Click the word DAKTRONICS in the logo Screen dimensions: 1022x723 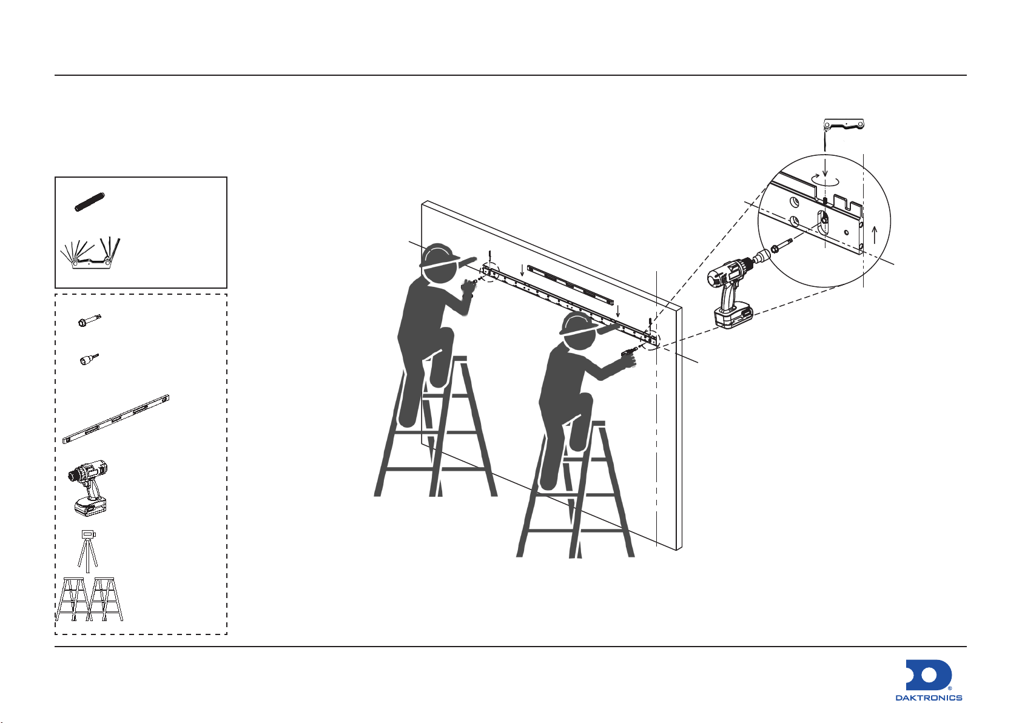point(929,698)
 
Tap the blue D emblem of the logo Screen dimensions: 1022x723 point(928,675)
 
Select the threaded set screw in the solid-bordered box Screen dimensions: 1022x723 point(90,201)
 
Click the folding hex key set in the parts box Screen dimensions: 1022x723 point(91,253)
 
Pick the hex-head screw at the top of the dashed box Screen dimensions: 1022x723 point(89,321)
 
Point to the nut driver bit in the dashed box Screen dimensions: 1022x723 point(89,360)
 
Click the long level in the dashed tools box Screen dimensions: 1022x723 point(116,419)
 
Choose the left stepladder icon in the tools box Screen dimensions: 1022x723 point(72,599)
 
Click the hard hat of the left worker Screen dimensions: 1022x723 point(439,255)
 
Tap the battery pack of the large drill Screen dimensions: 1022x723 point(733,315)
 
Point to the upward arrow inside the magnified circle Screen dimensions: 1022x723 point(875,236)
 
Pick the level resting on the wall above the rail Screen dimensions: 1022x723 point(570,285)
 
